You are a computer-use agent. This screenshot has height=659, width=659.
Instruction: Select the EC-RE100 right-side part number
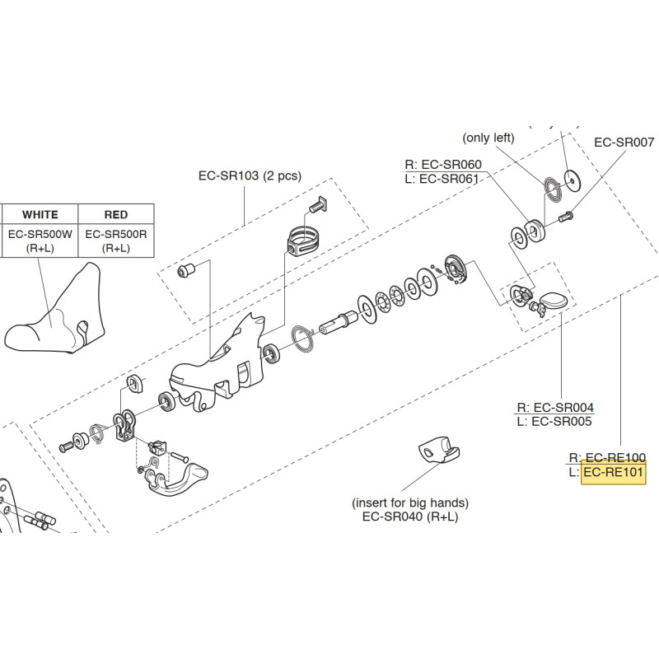615,457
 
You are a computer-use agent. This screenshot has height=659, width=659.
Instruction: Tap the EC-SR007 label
624,142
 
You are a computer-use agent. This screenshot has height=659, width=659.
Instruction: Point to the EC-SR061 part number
449,179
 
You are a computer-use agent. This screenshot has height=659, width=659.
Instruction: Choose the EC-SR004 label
563,407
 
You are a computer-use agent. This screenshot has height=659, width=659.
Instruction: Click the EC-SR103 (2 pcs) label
250,175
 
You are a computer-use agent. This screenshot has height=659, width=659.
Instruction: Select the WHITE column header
40,214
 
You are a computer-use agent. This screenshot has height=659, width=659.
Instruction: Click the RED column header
116,214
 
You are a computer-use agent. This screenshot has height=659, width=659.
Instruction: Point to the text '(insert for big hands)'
409,502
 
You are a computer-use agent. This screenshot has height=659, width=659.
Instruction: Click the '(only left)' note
488,138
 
